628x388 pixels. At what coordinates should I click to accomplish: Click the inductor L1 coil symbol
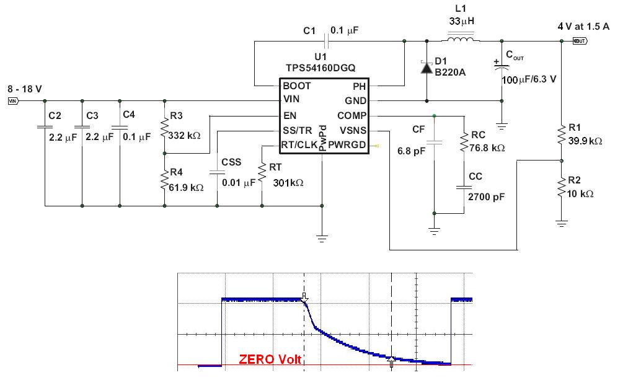click(x=459, y=41)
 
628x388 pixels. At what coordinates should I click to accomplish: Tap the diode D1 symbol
click(x=426, y=67)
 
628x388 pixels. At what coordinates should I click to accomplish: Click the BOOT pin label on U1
click(x=296, y=86)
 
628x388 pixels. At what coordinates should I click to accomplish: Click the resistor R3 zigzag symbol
click(x=164, y=130)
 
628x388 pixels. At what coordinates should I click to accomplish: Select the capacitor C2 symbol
click(x=45, y=126)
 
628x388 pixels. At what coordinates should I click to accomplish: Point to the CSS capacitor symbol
click(x=217, y=174)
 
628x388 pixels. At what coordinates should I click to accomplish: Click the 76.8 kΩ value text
click(x=488, y=148)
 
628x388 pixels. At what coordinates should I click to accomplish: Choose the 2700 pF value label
click(x=487, y=196)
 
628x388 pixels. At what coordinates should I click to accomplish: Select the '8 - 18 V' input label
click(x=24, y=89)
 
